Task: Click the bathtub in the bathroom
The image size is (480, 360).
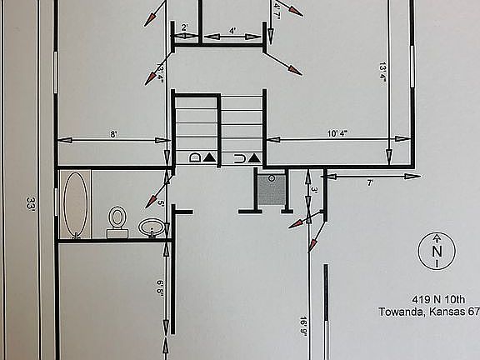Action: (x=76, y=204)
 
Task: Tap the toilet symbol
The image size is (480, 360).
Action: (x=117, y=219)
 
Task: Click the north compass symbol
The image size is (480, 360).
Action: (x=436, y=251)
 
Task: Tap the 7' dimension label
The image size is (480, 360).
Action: (x=370, y=182)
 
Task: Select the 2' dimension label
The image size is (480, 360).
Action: (x=184, y=28)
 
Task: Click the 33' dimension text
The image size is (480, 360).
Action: (x=31, y=204)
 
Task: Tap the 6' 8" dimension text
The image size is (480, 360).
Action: (x=159, y=287)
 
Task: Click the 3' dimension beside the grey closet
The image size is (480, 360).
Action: (x=314, y=190)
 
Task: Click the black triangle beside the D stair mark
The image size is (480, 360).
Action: (x=210, y=157)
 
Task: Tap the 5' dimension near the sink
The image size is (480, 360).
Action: (x=160, y=203)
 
